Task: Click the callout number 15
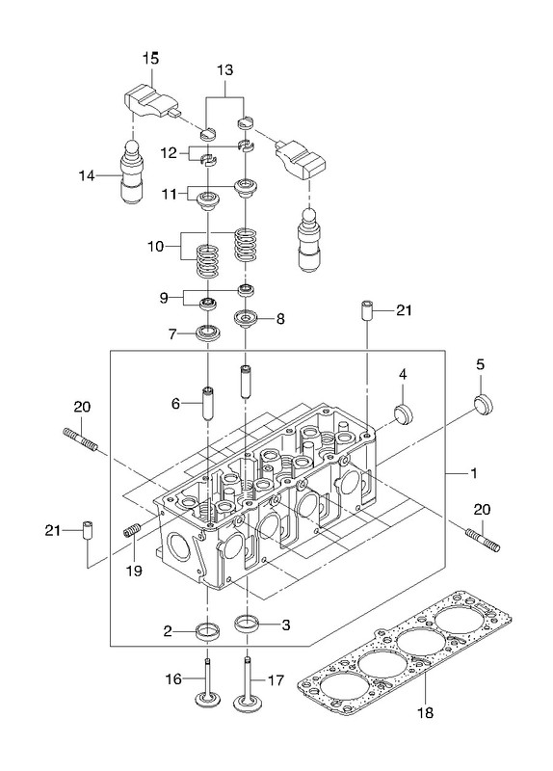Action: tap(151, 58)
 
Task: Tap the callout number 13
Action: tap(224, 69)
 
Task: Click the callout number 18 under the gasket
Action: tap(425, 712)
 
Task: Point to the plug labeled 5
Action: tap(484, 404)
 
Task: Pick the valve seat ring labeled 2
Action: tap(208, 631)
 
